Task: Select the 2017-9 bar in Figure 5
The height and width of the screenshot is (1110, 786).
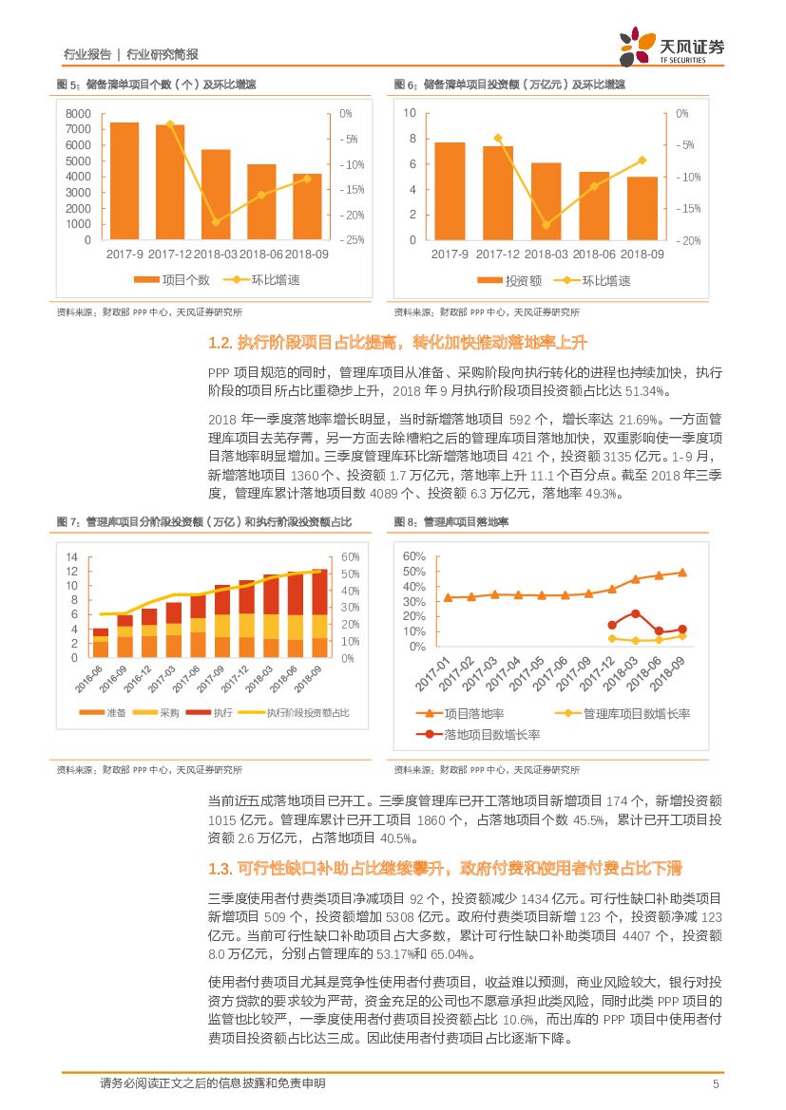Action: pos(125,180)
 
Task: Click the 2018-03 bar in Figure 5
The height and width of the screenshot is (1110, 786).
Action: pos(216,194)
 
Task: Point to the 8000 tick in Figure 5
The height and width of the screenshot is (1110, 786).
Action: pos(79,114)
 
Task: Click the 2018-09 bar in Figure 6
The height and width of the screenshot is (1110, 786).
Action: pos(642,208)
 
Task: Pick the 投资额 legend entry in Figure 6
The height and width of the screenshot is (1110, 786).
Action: pos(509,281)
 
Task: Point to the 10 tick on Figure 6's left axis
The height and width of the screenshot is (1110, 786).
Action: pos(411,113)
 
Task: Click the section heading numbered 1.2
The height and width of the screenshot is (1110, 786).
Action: pos(398,343)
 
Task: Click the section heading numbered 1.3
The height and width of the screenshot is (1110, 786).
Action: pos(444,870)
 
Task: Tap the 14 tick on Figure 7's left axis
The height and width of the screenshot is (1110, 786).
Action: pos(71,556)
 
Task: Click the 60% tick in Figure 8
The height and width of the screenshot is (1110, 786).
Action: pos(413,556)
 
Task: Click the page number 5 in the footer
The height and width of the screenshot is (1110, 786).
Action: pos(715,1084)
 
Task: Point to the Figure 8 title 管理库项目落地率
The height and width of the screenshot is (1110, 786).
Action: pos(465,522)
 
